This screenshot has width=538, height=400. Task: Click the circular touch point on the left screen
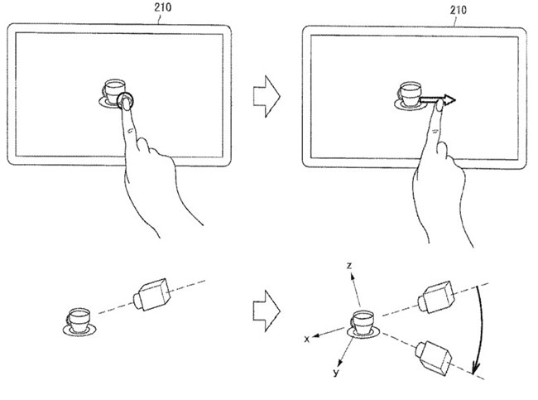pyautogui.click(x=127, y=101)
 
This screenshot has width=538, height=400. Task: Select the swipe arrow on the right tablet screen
pyautogui.click(x=438, y=102)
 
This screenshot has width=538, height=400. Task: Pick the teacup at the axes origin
pyautogui.click(x=361, y=321)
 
